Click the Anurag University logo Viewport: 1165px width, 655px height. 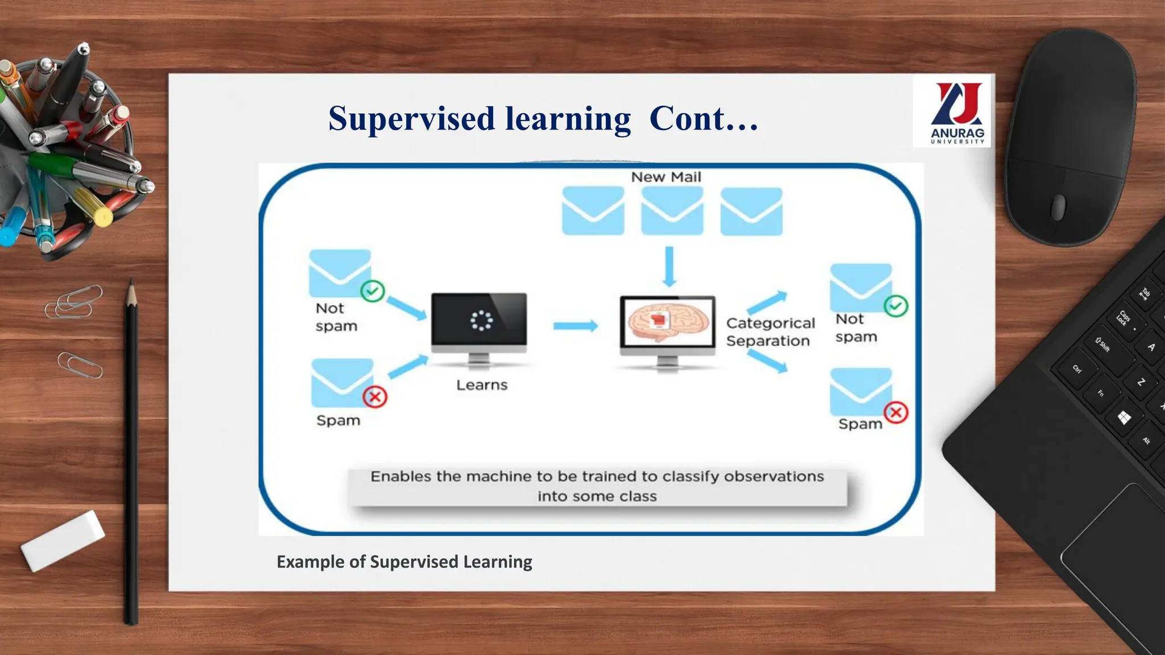[957, 111]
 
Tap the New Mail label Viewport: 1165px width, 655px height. [666, 177]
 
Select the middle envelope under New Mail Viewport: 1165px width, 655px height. [672, 211]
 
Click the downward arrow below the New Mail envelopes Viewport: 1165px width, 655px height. [670, 267]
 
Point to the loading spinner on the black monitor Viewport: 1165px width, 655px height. [481, 321]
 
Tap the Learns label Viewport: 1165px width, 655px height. [482, 385]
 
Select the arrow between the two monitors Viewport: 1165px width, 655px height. [575, 326]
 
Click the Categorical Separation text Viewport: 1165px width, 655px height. [770, 332]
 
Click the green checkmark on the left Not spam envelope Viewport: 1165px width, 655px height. [373, 292]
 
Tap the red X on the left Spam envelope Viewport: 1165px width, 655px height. [375, 397]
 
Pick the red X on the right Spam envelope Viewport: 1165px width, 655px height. [896, 412]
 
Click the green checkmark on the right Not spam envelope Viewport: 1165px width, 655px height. [896, 306]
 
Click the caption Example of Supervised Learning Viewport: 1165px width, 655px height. [404, 562]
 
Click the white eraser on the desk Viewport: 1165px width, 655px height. [63, 540]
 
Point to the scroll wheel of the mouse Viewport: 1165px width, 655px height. [1057, 207]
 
